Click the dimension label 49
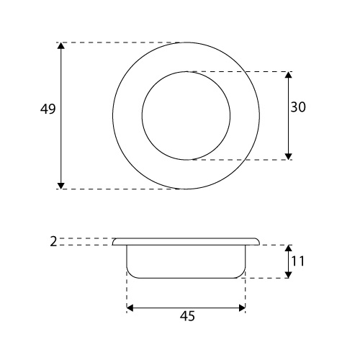(x=48, y=109)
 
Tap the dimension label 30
(x=298, y=107)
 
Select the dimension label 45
(x=187, y=316)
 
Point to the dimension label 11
(x=298, y=261)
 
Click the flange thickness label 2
(x=53, y=241)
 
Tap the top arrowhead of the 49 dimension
(x=61, y=45)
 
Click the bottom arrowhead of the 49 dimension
(x=61, y=186)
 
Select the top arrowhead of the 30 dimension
(x=288, y=75)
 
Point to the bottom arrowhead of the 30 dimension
(x=288, y=156)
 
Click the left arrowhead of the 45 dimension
(x=130, y=308)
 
